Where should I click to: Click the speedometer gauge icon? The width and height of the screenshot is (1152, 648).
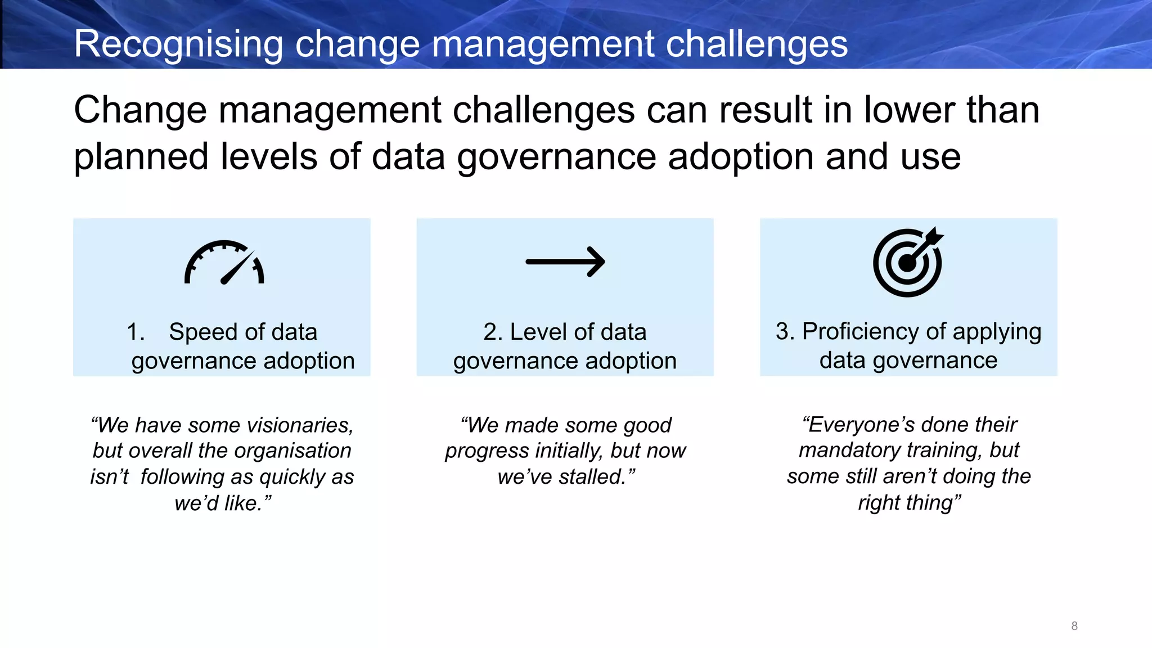(224, 263)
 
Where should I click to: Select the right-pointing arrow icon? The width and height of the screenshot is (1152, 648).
(565, 262)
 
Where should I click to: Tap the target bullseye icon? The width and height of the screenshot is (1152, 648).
(908, 262)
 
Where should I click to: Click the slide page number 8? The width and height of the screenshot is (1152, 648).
(1074, 626)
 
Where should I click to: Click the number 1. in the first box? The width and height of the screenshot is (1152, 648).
(136, 332)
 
